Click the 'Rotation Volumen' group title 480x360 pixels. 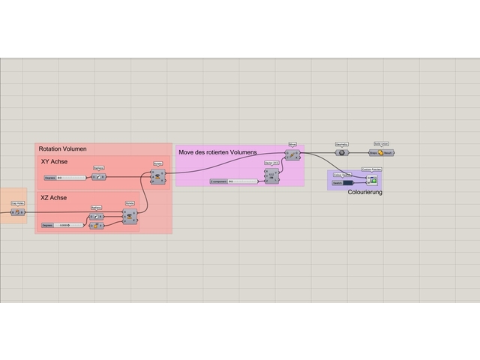(62, 149)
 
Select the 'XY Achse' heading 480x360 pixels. (55, 162)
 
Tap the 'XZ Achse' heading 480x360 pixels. (54, 198)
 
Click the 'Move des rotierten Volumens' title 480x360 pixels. (217, 152)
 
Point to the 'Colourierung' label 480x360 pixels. (365, 193)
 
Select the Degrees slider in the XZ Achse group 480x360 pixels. (63, 225)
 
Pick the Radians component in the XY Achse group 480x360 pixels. (98, 177)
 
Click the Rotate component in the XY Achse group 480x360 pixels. (157, 176)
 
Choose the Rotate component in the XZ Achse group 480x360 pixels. (130, 217)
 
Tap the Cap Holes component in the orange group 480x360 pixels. (16, 211)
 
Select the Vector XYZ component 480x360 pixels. (271, 175)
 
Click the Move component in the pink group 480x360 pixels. (292, 155)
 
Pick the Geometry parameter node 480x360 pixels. (340, 152)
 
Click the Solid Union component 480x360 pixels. (382, 152)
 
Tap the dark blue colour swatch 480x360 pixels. (348, 181)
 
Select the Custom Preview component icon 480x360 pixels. (372, 180)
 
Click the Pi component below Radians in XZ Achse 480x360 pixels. (96, 225)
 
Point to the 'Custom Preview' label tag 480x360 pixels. (372, 170)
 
